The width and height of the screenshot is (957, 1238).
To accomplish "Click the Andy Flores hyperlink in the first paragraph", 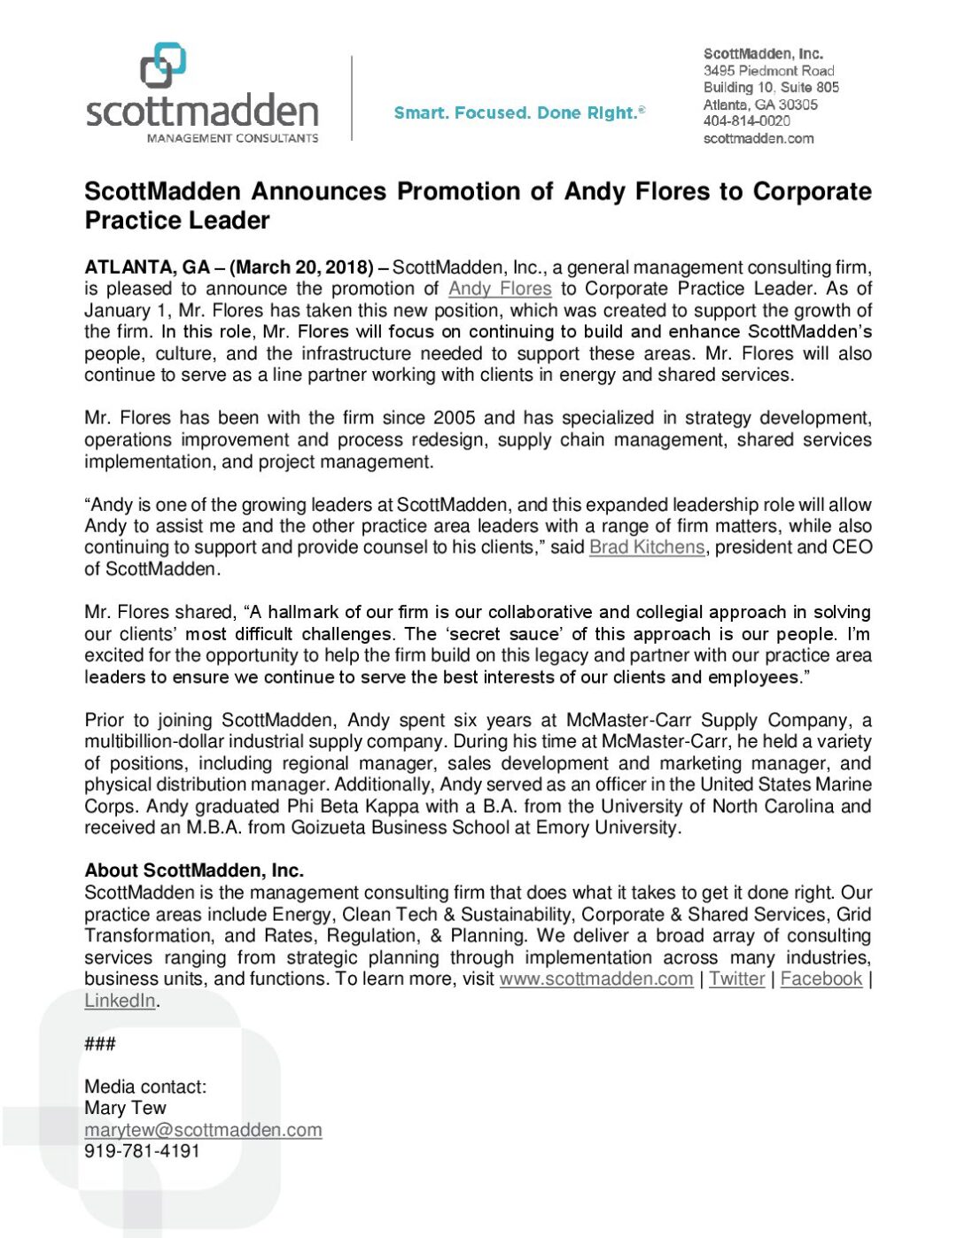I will point(500,289).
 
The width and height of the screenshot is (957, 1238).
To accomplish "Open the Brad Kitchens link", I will point(647,547).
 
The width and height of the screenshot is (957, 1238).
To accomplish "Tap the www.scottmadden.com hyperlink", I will point(596,979).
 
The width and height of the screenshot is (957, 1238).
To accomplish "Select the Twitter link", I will point(736,979).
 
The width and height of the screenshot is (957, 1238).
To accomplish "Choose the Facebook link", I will point(821,979).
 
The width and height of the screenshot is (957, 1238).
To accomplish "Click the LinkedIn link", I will point(121,1001).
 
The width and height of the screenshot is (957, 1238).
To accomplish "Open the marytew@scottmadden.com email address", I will point(203,1130).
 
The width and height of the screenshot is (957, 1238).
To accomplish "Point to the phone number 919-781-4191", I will point(142,1151).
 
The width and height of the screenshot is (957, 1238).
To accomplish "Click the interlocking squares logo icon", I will point(163,66).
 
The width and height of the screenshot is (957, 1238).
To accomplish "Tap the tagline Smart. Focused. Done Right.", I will point(518,112).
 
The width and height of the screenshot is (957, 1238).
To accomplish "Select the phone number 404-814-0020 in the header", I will point(746,121).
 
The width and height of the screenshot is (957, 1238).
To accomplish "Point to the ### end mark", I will point(100,1043).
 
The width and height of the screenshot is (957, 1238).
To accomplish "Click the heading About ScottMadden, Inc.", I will point(194,870).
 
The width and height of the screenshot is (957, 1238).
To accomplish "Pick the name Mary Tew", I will point(125,1108).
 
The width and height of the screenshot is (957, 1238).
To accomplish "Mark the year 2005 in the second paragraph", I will point(454,418).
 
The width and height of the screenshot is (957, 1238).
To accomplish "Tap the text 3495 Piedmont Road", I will point(768,71).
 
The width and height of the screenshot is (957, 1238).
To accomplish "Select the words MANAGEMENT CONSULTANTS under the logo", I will point(232,138).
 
